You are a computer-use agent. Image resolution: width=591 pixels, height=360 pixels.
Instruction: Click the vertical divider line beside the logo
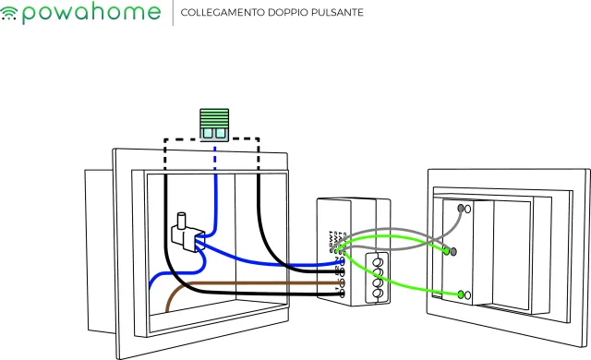[x=172, y=14]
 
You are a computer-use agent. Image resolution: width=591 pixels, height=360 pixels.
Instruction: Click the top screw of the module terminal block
[x=377, y=261]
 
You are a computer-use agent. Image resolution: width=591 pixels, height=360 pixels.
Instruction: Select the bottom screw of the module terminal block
[x=377, y=296]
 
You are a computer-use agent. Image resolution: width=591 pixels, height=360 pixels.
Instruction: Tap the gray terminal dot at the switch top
[x=464, y=210]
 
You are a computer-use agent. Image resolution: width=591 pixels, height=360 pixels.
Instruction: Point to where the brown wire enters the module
[x=341, y=282]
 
